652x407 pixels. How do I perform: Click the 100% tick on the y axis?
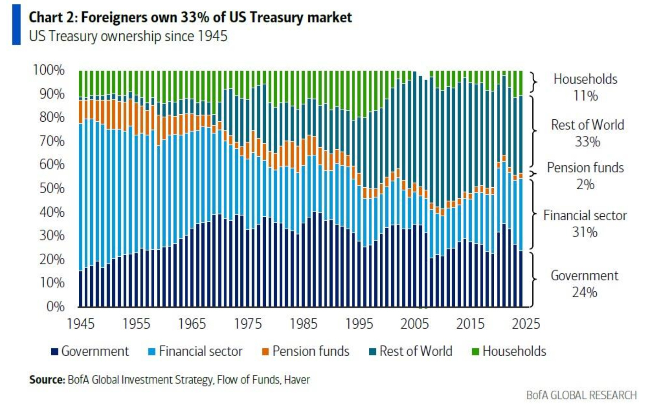(49, 70)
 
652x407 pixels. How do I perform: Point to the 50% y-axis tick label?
(52, 188)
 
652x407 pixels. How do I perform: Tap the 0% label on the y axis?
(56, 306)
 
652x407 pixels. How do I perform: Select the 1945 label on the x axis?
(81, 324)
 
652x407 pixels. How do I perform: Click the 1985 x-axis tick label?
(303, 324)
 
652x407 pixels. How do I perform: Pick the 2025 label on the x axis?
(526, 324)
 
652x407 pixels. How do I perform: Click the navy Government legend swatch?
(55, 351)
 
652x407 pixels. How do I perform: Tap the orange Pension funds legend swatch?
(265, 351)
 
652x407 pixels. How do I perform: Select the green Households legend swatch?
(475, 351)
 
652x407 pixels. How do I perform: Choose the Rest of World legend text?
(416, 351)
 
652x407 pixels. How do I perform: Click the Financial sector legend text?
(201, 351)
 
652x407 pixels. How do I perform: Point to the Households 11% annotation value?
(586, 96)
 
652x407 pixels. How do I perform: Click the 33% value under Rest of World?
(587, 142)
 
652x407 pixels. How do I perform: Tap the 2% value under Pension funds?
(585, 184)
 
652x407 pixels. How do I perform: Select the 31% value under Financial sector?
(585, 232)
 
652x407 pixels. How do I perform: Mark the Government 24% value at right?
(584, 292)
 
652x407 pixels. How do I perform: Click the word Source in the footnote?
(47, 380)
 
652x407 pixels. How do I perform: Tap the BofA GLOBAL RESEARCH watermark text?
(581, 395)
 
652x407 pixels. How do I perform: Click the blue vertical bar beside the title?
(16, 24)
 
